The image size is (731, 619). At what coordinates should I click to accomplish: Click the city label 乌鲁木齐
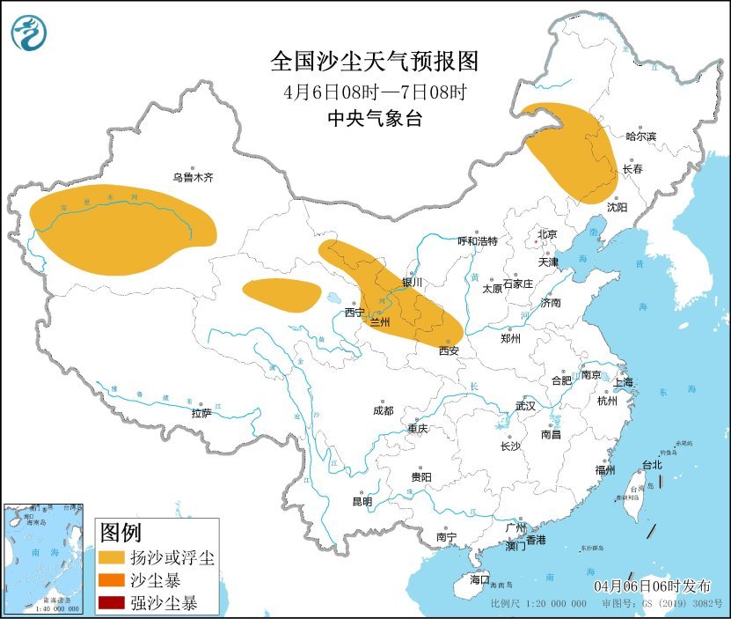coord(193,177)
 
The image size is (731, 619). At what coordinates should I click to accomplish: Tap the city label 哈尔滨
coord(640,136)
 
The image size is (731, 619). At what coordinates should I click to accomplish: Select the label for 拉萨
coord(201,412)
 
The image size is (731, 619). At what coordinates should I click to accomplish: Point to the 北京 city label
coord(547,234)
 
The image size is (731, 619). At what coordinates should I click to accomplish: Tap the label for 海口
coord(479,579)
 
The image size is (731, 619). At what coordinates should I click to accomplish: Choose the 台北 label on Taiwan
coord(651,465)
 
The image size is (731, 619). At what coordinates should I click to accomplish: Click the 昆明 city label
coord(362,502)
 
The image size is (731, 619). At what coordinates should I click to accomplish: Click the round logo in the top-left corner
coord(29,33)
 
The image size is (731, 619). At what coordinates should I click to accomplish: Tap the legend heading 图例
coord(121,533)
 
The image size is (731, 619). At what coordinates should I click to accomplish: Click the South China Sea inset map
coord(44,558)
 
